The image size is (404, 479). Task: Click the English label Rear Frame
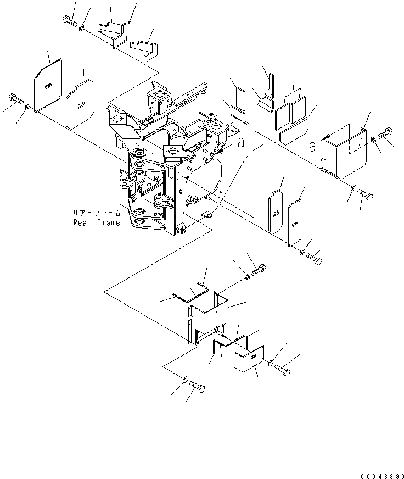[x=96, y=222]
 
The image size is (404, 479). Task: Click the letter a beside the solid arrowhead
[x=311, y=147]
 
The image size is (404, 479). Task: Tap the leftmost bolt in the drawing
[x=15, y=100]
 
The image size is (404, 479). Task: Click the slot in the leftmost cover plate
[x=48, y=85]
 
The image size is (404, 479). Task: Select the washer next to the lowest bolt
[x=186, y=380]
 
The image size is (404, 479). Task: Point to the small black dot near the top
[x=128, y=22]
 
